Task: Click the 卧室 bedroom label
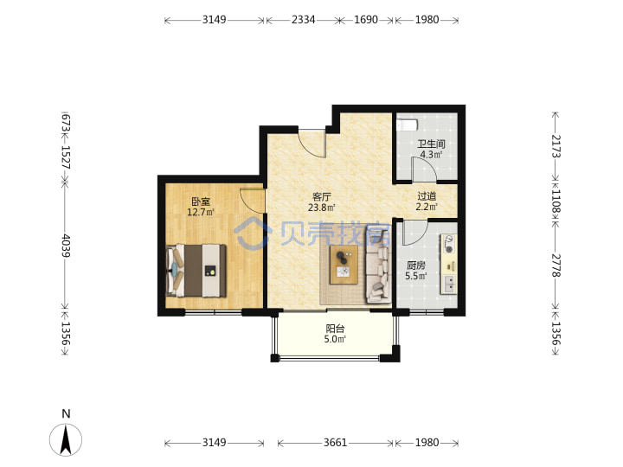click(x=201, y=202)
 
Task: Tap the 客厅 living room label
click(x=322, y=196)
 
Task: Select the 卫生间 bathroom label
click(x=431, y=144)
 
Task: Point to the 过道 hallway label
click(x=427, y=196)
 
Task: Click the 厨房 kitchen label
click(x=416, y=265)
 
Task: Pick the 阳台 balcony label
click(x=335, y=329)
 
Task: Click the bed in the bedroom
click(x=196, y=271)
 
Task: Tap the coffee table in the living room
click(x=344, y=265)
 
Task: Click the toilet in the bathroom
click(x=407, y=125)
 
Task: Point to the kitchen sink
click(x=449, y=283)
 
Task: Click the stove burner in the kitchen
click(x=449, y=249)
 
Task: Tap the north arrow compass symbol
click(x=66, y=439)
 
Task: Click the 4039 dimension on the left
click(x=66, y=246)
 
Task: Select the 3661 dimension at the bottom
click(x=336, y=443)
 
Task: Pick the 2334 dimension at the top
click(x=303, y=19)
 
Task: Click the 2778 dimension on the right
click(x=556, y=265)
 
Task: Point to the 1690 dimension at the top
click(x=365, y=19)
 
